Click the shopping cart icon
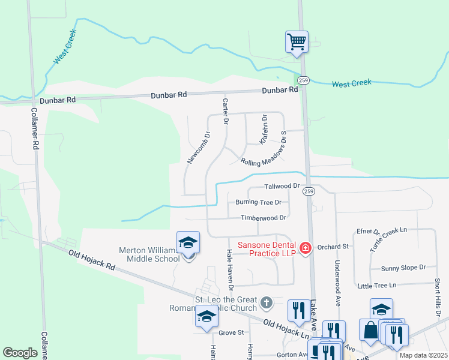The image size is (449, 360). [297, 42]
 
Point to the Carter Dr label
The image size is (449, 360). [226, 111]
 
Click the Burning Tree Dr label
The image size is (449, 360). [259, 202]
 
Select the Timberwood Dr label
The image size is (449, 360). [263, 218]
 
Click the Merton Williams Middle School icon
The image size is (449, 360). [188, 243]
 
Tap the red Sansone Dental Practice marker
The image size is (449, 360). [305, 247]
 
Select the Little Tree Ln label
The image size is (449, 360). [376, 285]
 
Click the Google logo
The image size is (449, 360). [20, 352]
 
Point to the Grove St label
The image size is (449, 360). [232, 332]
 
